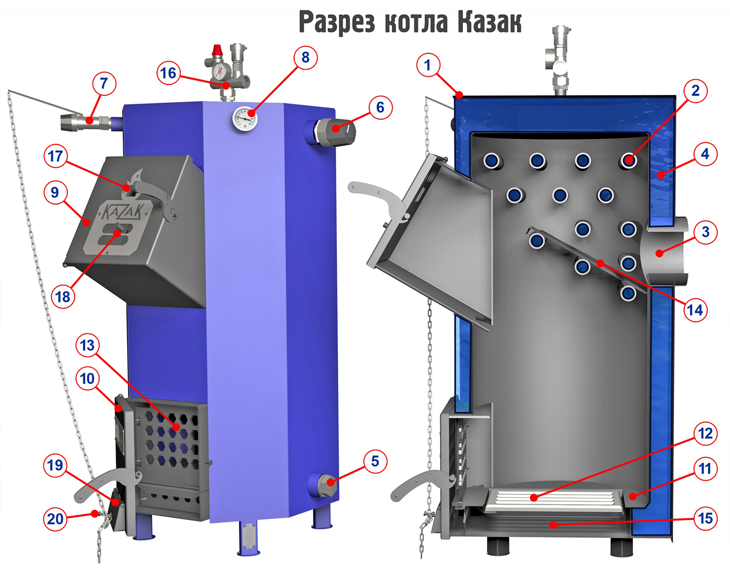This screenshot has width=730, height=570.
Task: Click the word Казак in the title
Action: [489, 22]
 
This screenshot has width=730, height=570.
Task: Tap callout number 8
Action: [305, 58]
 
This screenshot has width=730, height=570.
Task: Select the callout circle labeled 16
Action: [168, 73]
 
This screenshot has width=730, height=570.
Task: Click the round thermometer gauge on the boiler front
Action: [245, 118]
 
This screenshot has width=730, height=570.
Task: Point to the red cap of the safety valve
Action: [217, 49]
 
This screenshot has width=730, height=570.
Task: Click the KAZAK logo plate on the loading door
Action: [119, 227]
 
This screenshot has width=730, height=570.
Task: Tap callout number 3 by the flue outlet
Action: [705, 232]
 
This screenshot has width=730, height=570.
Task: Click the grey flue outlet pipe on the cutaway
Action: [666, 252]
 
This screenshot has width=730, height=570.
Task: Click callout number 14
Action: [695, 310]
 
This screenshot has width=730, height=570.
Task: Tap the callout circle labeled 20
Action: [55, 519]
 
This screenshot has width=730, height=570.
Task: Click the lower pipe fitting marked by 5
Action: [326, 483]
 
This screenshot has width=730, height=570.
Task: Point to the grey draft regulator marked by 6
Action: [337, 129]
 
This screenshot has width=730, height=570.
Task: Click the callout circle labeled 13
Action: [87, 345]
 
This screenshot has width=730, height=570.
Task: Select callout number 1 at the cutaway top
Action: [428, 65]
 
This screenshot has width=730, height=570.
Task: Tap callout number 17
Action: [55, 156]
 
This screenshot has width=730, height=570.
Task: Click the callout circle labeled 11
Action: [705, 469]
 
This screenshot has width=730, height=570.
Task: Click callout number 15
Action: [705, 518]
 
